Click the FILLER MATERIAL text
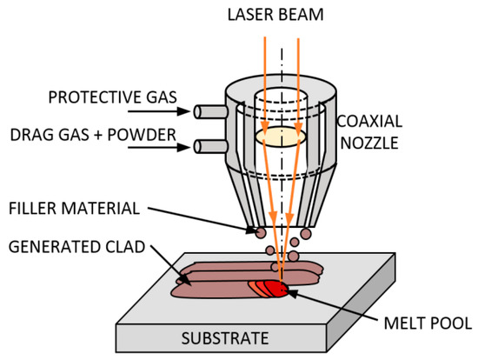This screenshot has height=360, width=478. click(x=78, y=208)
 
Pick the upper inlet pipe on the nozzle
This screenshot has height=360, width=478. click(x=207, y=111)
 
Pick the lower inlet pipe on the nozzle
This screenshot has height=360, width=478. click(x=207, y=144)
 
